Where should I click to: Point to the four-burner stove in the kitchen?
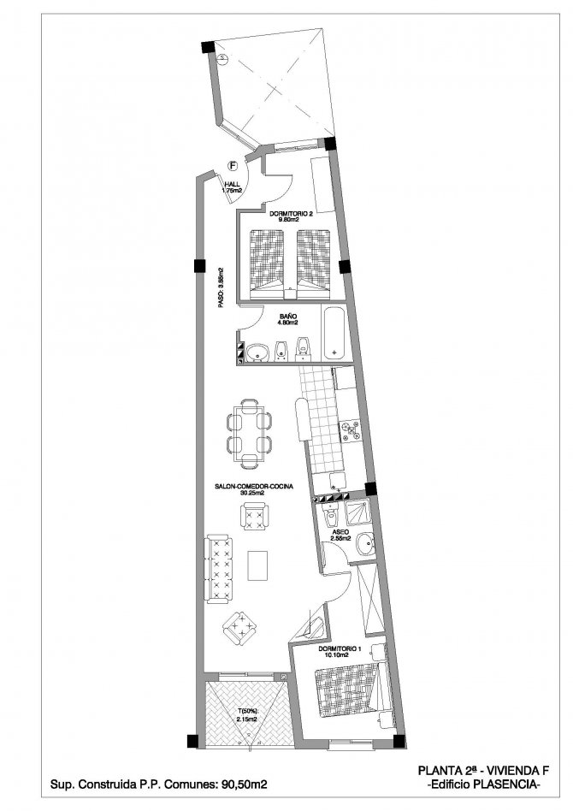351,431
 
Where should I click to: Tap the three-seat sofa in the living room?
219,568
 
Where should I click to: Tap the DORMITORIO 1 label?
342,653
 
